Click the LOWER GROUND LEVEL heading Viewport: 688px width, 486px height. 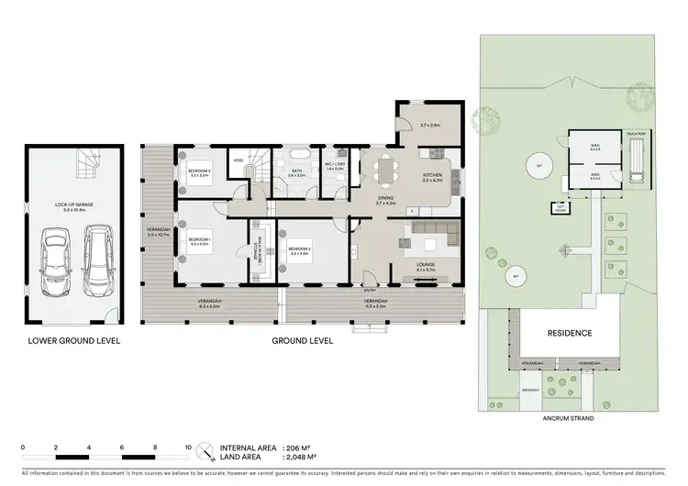click(x=69, y=340)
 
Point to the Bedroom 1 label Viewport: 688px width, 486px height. click(x=199, y=241)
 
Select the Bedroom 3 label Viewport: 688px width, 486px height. click(x=199, y=171)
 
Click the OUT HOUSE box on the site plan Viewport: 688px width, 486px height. click(x=560, y=208)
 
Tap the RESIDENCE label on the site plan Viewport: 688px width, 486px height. click(x=570, y=333)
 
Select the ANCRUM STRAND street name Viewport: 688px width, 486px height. click(x=570, y=418)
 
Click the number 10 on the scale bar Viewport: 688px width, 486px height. click(x=187, y=447)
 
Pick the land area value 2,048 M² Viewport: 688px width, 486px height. click(x=299, y=456)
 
